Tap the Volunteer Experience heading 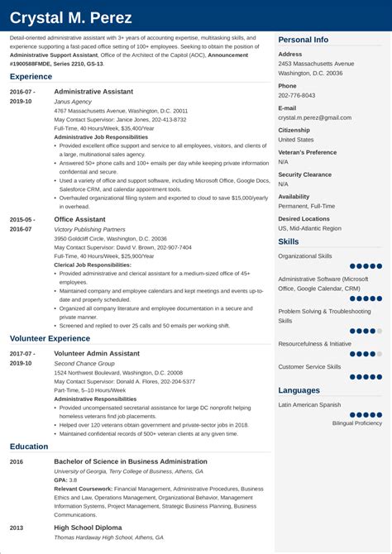tap(50, 338)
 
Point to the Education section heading tap(29, 446)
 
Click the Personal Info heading tap(303, 40)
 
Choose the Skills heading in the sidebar tap(289, 241)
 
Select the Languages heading tap(299, 390)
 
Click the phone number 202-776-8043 tap(297, 96)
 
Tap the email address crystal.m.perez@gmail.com tap(315, 118)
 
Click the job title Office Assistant tap(79, 219)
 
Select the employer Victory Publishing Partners tap(89, 229)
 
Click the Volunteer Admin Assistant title tap(97, 353)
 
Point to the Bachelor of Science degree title tap(130, 461)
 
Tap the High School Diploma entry tap(88, 528)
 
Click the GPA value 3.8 tap(72, 480)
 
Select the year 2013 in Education tap(17, 528)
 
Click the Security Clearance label tap(305, 174)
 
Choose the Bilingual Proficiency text tap(357, 423)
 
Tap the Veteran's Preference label tap(308, 152)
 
